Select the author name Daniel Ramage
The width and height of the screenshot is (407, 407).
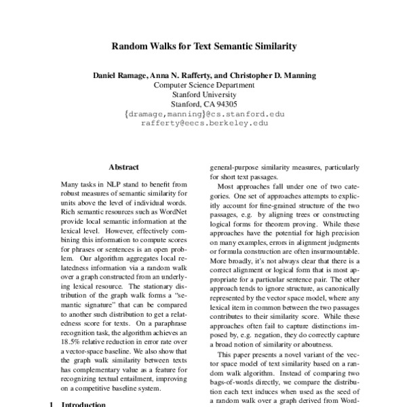pos(120,74)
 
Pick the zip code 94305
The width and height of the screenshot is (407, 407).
pos(224,104)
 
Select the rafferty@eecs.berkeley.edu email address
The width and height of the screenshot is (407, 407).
pos(204,124)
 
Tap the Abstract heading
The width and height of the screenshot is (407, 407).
pos(123,167)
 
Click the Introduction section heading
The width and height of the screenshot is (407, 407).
pos(83,404)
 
